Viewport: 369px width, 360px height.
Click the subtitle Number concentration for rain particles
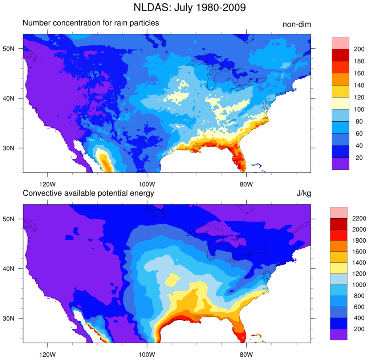[x=91, y=23]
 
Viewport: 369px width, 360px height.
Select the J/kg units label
[x=303, y=194]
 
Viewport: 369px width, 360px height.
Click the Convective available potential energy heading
[x=88, y=193]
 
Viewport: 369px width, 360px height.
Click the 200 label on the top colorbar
[x=359, y=49]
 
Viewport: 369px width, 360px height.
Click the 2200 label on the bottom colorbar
[x=359, y=218]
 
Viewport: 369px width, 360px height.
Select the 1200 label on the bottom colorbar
[x=359, y=274]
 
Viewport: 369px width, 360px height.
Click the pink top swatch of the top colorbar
[x=340, y=43]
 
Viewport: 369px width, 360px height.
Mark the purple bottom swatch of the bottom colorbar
[x=338, y=334]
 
